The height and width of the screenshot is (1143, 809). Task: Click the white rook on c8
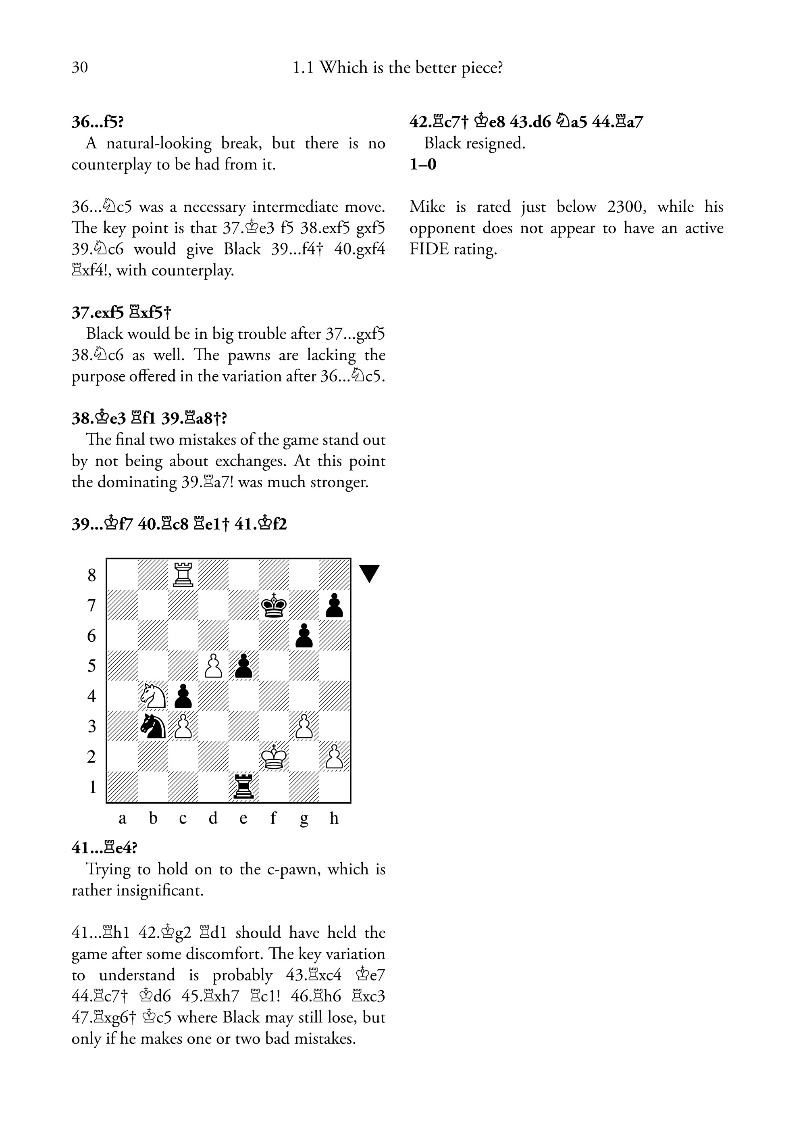point(183,575)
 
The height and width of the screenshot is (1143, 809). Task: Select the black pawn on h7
point(334,605)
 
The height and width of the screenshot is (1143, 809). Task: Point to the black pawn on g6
point(304,636)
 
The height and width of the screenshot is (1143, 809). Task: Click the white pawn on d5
point(213,666)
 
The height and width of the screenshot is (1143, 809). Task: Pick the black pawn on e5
point(243,666)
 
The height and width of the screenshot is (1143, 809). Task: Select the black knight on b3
point(153,726)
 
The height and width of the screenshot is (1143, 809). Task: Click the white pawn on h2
point(334,757)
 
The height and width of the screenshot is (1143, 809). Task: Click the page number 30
point(80,67)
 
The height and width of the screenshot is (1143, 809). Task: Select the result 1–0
point(423,164)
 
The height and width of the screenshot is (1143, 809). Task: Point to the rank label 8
point(92,575)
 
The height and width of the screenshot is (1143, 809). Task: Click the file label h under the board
point(334,818)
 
